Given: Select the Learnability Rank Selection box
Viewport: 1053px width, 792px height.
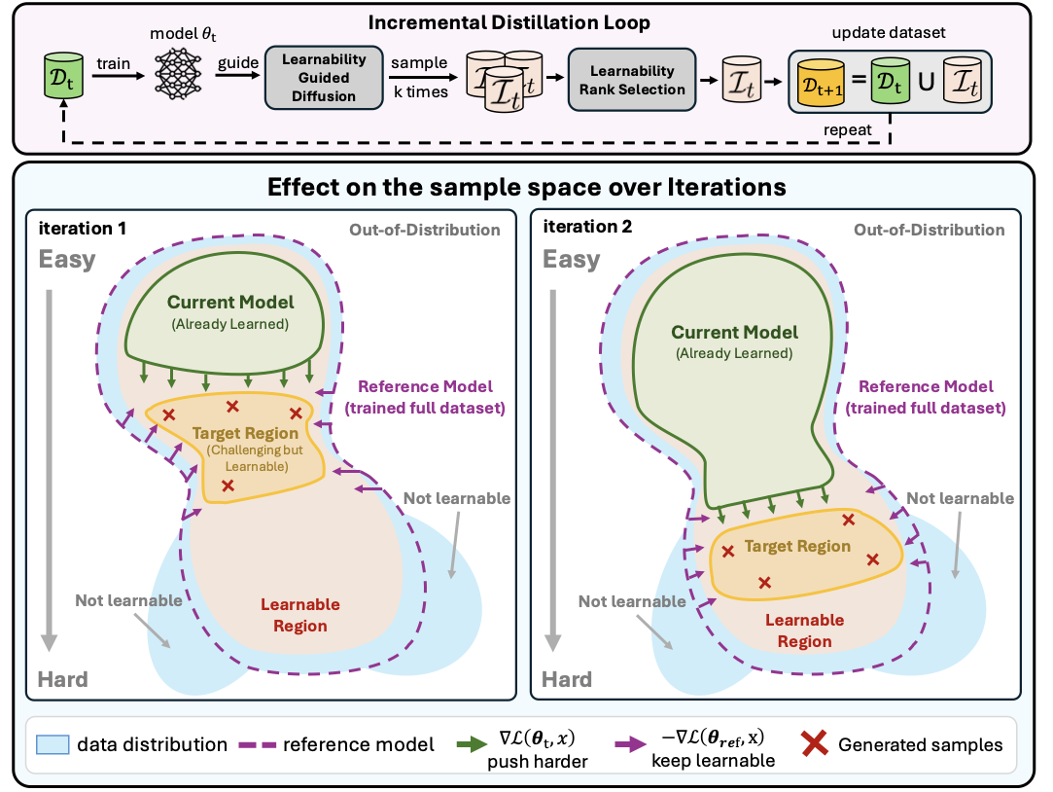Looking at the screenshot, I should [627, 80].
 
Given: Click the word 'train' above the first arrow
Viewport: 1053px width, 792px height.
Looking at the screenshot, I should [115, 63].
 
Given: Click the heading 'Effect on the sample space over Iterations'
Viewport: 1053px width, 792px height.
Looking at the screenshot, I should [526, 186].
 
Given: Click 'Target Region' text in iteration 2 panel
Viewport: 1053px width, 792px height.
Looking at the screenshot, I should [797, 547].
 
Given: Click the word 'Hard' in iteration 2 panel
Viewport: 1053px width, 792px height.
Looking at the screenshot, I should [566, 679].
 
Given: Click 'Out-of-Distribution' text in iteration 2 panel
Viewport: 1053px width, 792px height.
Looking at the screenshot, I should [929, 230].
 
